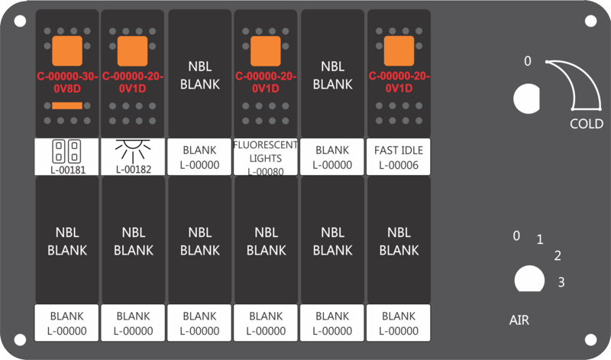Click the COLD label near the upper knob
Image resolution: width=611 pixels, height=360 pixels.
[587, 124]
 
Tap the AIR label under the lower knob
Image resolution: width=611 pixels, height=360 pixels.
[519, 320]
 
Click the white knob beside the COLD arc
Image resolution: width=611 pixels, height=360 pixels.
[527, 99]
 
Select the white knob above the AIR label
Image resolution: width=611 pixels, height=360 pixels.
[529, 278]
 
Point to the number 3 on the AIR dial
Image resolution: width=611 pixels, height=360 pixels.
[561, 282]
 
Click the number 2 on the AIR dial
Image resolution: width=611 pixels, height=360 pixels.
[558, 256]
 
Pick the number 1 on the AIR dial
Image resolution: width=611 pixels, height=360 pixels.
[540, 239]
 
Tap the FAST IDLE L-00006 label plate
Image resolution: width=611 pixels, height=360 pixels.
[398, 157]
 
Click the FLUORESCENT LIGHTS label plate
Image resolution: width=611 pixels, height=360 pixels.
[265, 157]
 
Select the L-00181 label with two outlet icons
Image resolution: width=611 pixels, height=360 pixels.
[66, 157]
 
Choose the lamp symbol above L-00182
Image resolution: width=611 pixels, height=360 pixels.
[133, 151]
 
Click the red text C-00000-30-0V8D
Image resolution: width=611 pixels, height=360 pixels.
[67, 83]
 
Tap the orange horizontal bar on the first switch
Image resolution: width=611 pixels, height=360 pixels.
[67, 105]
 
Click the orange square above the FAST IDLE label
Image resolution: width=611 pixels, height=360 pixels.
[399, 51]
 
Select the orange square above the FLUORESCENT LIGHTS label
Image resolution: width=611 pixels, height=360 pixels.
[265, 51]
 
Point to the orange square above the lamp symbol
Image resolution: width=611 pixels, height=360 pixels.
[132, 51]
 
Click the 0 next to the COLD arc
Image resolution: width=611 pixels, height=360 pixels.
[528, 61]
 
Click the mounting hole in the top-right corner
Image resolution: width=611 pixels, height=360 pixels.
[590, 21]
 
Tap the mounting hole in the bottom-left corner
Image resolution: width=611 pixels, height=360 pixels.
[21, 339]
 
